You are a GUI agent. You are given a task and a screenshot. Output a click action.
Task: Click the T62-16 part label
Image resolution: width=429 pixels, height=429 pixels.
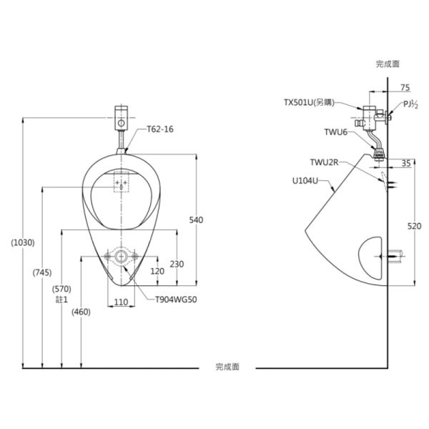pos(160,129)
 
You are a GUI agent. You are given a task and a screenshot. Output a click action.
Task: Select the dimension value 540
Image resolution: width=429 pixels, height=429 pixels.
pos(196,220)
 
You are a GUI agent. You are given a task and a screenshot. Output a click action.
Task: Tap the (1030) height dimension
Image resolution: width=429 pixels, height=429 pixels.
pos(23,242)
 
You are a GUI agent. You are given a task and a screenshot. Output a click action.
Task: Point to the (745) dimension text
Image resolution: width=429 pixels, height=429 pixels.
pos(42,272)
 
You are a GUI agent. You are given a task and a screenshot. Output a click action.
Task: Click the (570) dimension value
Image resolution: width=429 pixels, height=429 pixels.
pos(61,289)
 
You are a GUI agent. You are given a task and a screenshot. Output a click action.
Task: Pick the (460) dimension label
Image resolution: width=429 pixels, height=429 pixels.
pos(81,312)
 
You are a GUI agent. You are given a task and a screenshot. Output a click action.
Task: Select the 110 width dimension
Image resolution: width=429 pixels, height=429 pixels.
pos(121,302)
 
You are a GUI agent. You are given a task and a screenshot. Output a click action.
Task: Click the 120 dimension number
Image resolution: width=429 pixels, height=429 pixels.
pos(157,271)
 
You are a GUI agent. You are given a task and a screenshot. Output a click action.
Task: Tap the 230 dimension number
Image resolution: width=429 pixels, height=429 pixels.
pos(177,264)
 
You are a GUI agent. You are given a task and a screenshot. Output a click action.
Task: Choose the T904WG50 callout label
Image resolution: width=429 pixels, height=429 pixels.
pos(176,300)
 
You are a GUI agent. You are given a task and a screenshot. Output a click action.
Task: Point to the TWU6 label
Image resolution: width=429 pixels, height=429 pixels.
pos(336,132)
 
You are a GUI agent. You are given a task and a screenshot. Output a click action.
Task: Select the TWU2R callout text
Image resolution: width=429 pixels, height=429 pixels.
pos(325,162)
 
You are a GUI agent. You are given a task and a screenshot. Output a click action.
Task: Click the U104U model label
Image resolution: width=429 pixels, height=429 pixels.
pos(305,181)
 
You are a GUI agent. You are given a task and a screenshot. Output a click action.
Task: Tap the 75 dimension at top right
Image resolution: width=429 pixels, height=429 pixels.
pos(405,88)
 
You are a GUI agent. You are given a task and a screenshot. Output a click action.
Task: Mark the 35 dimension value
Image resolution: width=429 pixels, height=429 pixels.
pos(406,163)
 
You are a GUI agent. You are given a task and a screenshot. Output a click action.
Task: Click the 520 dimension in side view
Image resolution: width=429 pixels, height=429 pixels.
pos(414,226)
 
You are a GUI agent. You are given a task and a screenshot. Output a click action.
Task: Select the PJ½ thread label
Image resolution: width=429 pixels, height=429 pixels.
pos(410,104)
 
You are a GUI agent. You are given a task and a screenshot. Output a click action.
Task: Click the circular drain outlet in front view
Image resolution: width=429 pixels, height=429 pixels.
pos(121,257)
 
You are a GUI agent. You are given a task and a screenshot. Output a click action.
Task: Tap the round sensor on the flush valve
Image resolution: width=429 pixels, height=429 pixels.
pos(122,123)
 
